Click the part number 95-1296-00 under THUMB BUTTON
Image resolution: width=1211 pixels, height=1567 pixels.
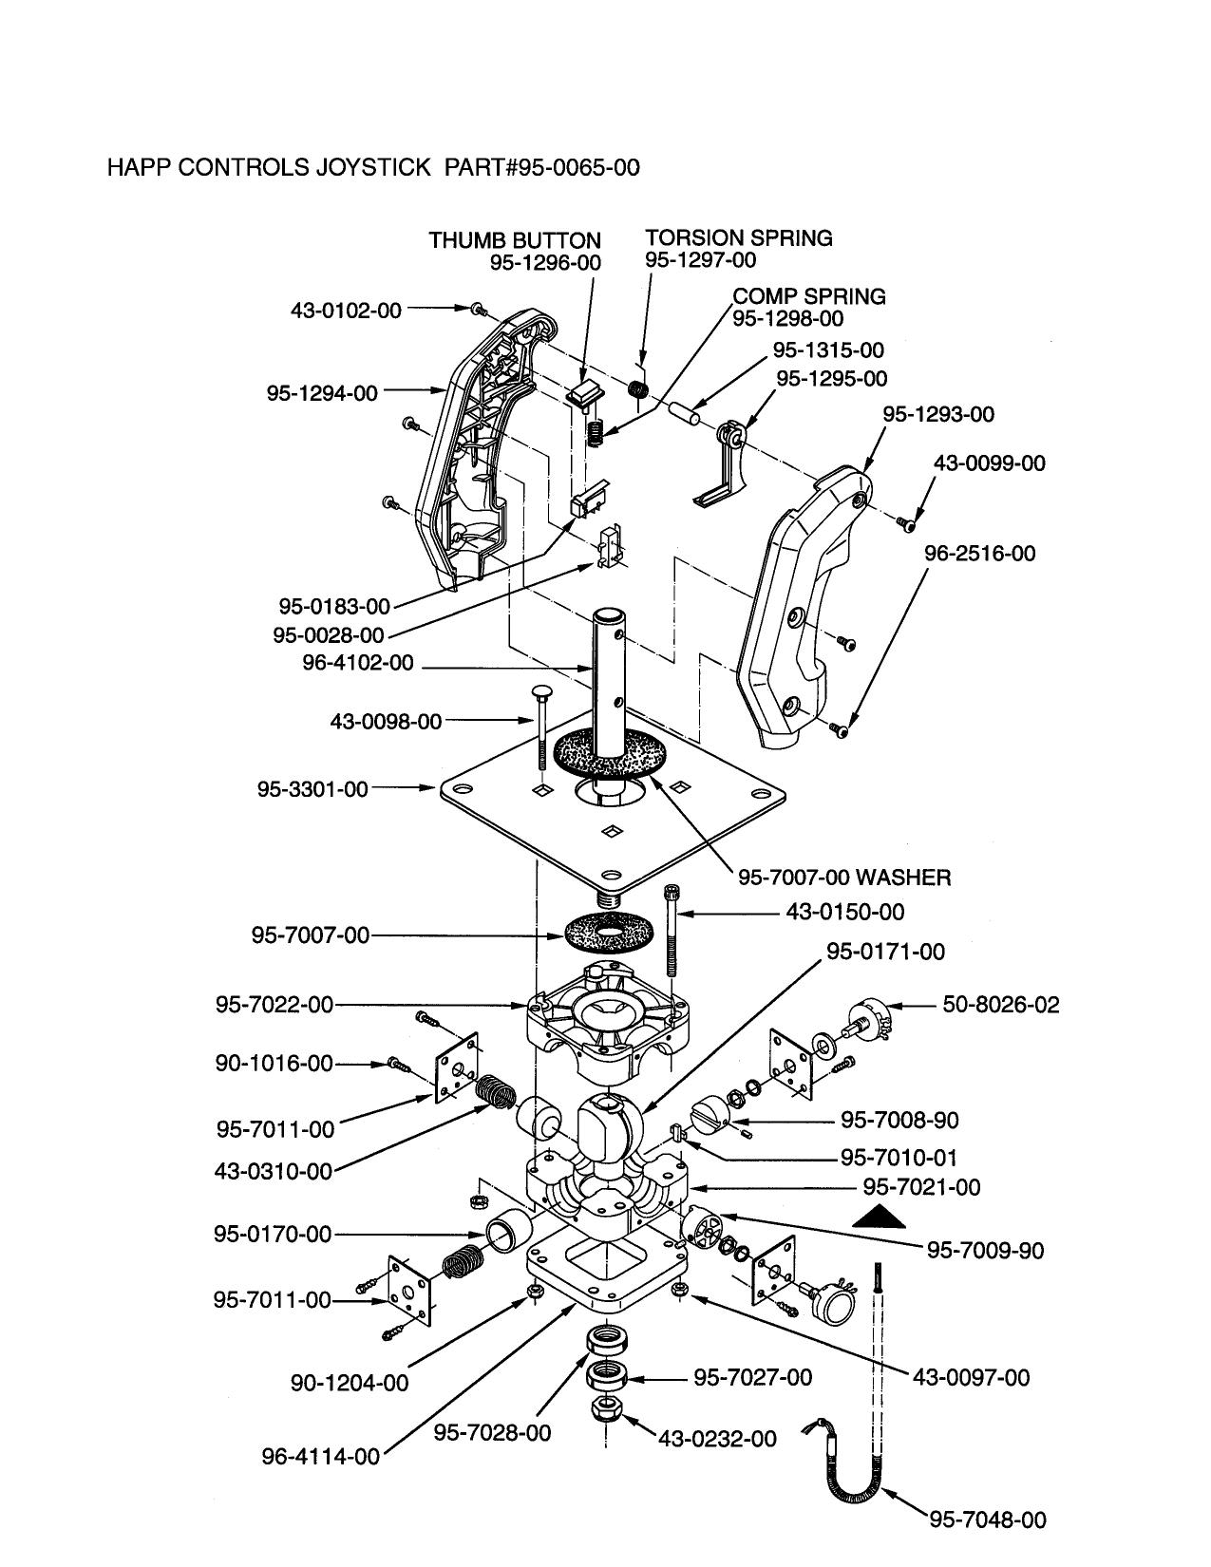[x=545, y=263]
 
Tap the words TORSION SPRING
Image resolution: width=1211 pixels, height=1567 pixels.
[x=739, y=238]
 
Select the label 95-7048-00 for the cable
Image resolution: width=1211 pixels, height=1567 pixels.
[x=988, y=1520]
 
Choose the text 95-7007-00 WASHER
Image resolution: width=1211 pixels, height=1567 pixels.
[x=844, y=877]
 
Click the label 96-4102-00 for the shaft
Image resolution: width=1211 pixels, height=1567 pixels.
[x=358, y=663]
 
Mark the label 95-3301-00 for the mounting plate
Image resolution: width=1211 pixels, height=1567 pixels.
[x=312, y=789]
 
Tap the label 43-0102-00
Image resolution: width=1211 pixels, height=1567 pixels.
[x=346, y=310]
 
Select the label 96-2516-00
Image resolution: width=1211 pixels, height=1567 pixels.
[x=979, y=554]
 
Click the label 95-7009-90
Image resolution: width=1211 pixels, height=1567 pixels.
[x=985, y=1251]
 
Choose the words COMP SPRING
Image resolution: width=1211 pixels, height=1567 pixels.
[x=809, y=296]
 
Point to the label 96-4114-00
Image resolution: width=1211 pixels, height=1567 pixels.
[x=320, y=1456]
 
